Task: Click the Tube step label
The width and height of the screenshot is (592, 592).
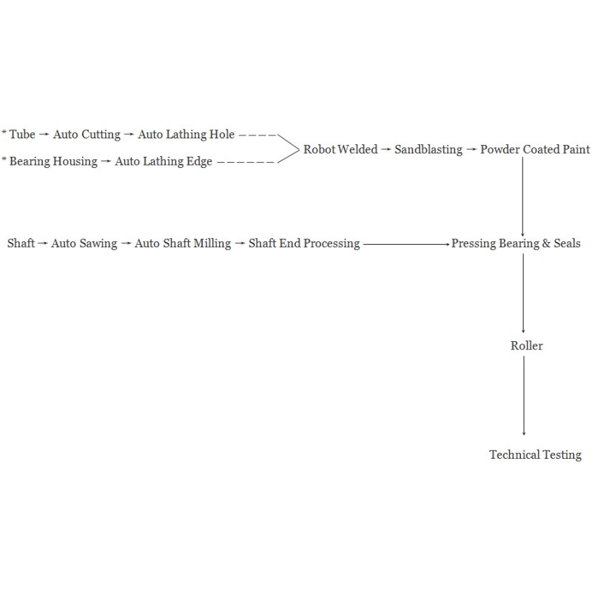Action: tap(22, 135)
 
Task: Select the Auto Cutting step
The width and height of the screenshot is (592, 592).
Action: tap(87, 135)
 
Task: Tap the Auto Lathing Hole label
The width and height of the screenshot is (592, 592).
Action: tap(186, 135)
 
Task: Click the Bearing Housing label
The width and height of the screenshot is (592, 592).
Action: tap(53, 161)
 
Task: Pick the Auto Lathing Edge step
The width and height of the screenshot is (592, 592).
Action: tap(164, 161)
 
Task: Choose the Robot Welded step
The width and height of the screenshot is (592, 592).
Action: tap(340, 149)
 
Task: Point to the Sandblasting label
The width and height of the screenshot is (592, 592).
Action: tap(428, 150)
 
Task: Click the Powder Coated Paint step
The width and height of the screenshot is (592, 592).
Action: tap(534, 149)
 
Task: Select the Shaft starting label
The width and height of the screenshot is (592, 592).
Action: tap(21, 243)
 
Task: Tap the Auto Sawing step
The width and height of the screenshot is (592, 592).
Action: tap(84, 243)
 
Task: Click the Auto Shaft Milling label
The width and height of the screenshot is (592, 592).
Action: tap(183, 243)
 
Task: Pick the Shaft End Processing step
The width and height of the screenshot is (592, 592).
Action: tap(304, 243)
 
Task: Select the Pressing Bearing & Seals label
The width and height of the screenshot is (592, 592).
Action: tap(516, 243)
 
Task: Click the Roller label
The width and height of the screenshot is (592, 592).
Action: tap(526, 346)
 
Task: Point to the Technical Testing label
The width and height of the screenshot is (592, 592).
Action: tap(535, 455)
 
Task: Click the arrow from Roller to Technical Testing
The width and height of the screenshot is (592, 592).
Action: tap(524, 396)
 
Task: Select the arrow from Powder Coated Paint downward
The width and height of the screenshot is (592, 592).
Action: tap(522, 197)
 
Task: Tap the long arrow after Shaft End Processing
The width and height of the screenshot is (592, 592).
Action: tap(406, 244)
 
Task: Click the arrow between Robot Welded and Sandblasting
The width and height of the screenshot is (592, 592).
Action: tap(386, 149)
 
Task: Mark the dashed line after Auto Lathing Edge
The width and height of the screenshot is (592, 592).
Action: tap(246, 162)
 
